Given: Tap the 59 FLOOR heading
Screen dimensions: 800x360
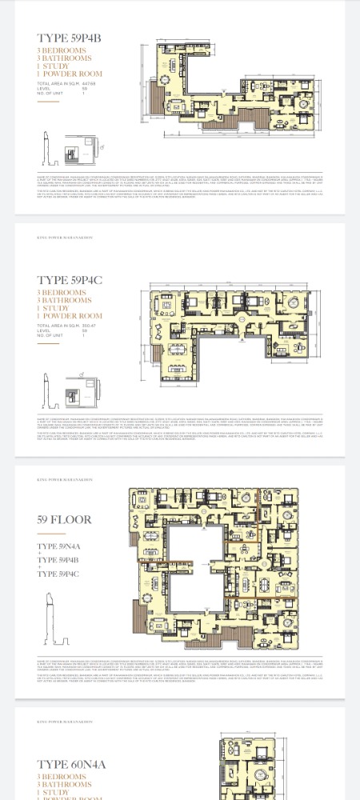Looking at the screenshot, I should point(65,520).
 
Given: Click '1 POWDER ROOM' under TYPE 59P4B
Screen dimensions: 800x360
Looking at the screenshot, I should point(70,74).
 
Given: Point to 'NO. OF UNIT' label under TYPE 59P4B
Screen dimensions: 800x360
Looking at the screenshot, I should point(51,94).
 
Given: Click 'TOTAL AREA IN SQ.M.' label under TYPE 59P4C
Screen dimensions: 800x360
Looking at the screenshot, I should point(57,326).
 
